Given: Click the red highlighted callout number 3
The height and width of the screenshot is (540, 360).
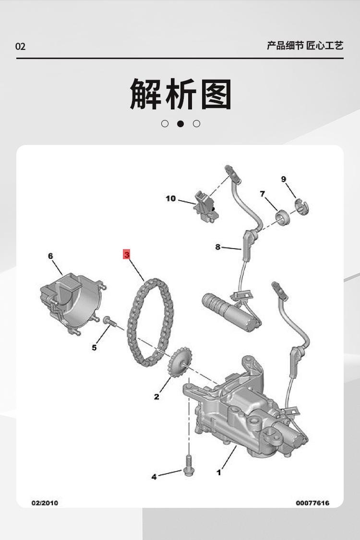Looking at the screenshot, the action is click(x=127, y=254).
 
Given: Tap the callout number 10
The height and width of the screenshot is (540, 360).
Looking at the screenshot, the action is click(x=171, y=198).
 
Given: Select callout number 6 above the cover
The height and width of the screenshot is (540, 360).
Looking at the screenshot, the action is click(x=50, y=256).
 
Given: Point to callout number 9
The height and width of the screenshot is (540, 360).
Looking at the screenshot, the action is click(x=284, y=179).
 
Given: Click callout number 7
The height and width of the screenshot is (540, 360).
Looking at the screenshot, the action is click(x=263, y=194).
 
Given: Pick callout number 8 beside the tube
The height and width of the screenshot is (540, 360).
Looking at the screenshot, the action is click(x=218, y=247).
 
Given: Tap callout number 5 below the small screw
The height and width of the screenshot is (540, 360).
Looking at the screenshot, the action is click(x=94, y=348).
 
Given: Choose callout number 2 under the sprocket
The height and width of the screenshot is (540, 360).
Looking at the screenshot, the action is click(x=156, y=396).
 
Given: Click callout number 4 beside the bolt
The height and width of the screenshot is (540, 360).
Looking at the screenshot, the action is click(x=154, y=477).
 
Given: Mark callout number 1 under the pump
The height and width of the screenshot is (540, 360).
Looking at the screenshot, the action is click(x=219, y=472).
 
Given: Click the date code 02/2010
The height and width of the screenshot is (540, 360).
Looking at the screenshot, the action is click(x=44, y=503).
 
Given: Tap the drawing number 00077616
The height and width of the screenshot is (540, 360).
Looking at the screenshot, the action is click(x=312, y=503).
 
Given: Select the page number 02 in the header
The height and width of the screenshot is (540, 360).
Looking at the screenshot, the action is click(x=20, y=47).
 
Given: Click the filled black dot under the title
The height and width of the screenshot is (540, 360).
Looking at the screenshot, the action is click(x=180, y=124).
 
